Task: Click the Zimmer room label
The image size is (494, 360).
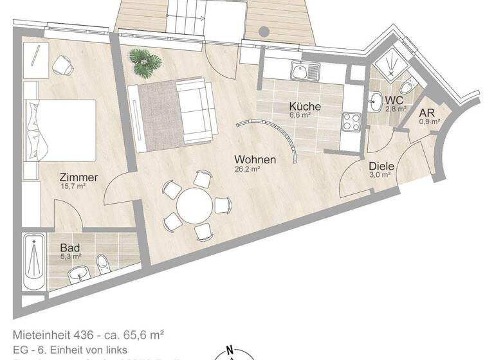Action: click(x=78, y=177)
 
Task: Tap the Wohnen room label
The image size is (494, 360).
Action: click(x=255, y=159)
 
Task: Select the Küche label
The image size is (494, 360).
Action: click(x=305, y=107)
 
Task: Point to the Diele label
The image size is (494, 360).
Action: click(x=381, y=165)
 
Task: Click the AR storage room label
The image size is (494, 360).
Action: click(x=428, y=112)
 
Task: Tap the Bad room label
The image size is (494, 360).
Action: click(x=69, y=248)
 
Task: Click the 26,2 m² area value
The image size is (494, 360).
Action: click(x=247, y=170)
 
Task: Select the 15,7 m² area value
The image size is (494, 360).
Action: click(x=73, y=187)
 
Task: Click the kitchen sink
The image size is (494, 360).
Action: click(x=302, y=71)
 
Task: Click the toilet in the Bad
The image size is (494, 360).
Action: click(x=104, y=262)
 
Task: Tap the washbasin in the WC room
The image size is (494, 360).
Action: click(x=376, y=100)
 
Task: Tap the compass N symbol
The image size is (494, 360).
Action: click(x=230, y=352)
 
